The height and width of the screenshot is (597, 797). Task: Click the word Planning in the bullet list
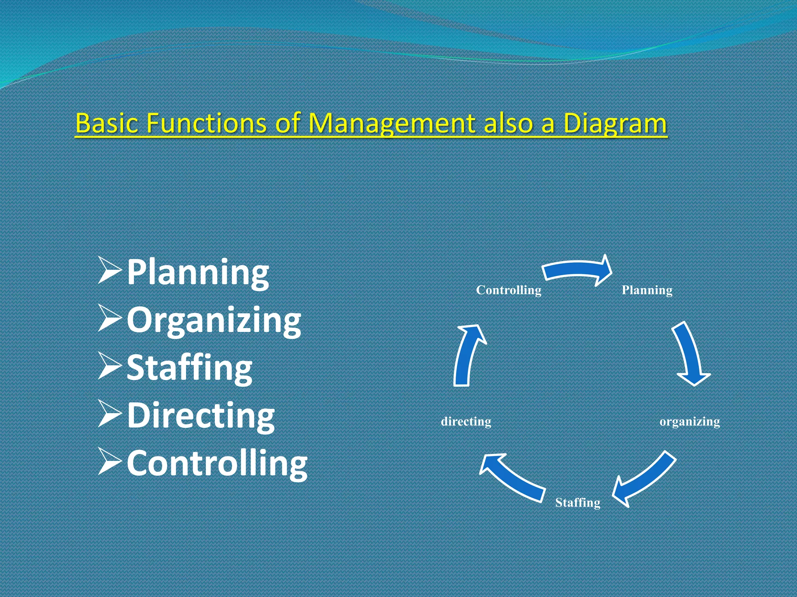click(x=198, y=273)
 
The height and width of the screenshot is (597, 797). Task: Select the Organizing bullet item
click(x=214, y=321)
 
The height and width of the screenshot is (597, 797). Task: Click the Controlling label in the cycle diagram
click(x=509, y=290)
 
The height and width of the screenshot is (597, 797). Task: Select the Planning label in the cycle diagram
click(x=647, y=290)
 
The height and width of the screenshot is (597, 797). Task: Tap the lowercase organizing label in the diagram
click(x=690, y=422)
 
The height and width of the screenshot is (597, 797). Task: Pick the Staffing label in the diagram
click(x=578, y=503)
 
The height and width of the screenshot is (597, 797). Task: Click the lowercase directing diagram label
click(x=466, y=422)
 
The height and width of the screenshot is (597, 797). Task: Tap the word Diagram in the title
click(x=615, y=123)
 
